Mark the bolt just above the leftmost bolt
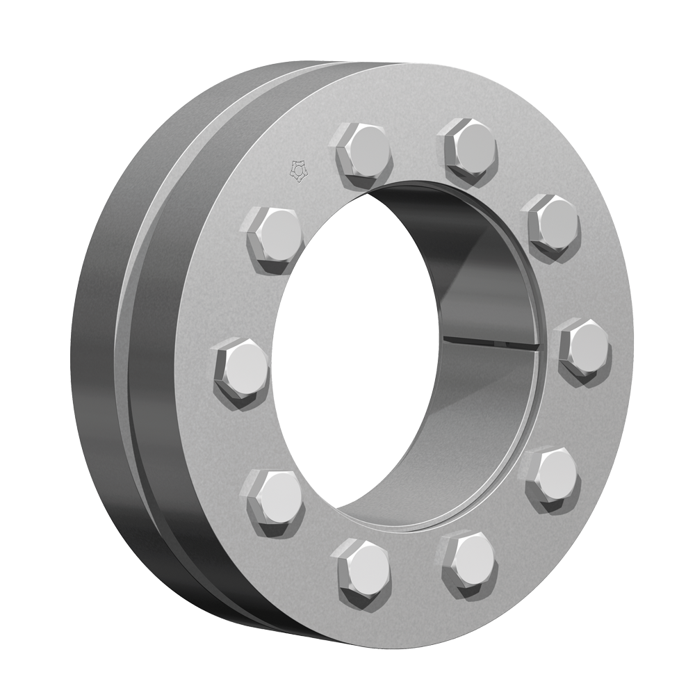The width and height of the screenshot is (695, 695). [274, 233]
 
